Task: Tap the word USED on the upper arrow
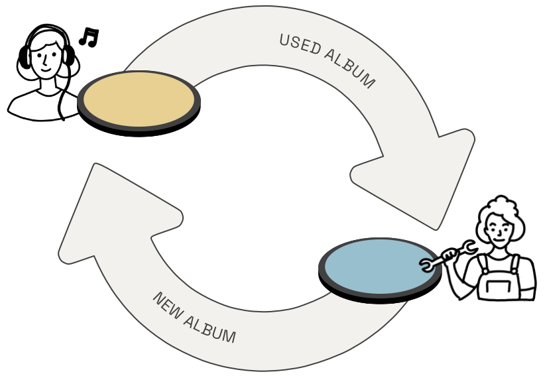pos(300,44)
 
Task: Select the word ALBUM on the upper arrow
pos(350,68)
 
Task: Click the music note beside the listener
pos(89,37)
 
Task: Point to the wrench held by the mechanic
pos(448,256)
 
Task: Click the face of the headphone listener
pos(46,58)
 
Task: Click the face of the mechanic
pos(499,230)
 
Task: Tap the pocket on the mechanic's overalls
pos(499,287)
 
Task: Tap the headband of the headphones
pos(47,29)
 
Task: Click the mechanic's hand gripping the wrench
pos(450,255)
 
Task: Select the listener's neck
pos(48,85)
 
